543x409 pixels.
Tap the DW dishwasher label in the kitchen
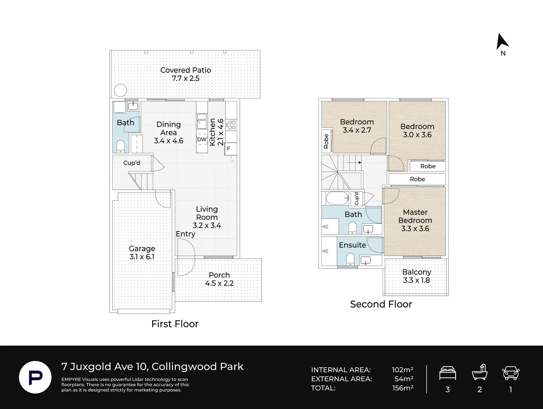tap(202, 139)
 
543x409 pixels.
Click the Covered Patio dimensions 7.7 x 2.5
tap(186, 78)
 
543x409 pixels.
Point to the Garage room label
tap(142, 248)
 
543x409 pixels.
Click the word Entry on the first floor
tap(186, 234)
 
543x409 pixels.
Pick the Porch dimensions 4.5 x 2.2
tap(219, 283)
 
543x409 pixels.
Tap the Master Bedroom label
tap(415, 216)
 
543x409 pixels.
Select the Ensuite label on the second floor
tap(352, 245)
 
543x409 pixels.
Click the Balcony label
tap(417, 272)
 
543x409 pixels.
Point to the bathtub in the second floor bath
tap(337, 198)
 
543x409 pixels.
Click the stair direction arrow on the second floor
tap(354, 162)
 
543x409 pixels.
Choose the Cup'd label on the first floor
tap(132, 163)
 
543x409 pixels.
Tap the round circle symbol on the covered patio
tap(121, 91)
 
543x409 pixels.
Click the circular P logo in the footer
tap(36, 377)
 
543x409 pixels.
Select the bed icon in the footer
tap(447, 373)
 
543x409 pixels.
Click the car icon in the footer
tap(510, 373)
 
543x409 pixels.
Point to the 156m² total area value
tap(402, 388)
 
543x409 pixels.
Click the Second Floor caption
tap(381, 304)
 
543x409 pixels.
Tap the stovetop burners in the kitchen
tap(231, 125)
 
